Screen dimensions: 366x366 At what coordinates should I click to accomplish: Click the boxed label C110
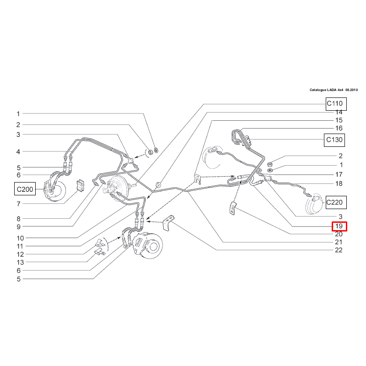pos(336,104)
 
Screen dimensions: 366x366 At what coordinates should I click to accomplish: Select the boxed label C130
pos(334,140)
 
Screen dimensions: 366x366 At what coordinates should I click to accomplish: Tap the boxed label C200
pos(25,189)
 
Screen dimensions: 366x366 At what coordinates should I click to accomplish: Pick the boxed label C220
pos(336,202)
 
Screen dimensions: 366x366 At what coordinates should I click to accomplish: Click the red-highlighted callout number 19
pos(339,226)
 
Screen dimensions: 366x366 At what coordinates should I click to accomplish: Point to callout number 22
pos(339,250)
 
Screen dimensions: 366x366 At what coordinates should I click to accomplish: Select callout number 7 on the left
pos(18,204)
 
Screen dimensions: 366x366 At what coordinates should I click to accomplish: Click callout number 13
pos(20,262)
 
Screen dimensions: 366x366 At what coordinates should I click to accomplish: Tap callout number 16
pos(339,128)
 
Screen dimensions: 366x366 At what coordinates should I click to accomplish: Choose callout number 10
pos(20,238)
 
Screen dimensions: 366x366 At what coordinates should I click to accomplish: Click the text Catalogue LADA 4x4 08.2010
pos(334,90)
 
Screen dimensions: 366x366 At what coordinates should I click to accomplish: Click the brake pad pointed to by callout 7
pos(81,186)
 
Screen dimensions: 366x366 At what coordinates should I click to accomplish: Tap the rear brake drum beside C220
pos(313,204)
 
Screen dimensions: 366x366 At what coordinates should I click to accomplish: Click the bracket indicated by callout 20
pos(232,209)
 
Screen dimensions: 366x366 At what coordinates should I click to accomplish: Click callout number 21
pos(339,242)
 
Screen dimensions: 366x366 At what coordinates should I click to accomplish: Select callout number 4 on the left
pos(18,152)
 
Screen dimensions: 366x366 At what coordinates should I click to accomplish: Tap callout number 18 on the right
pos(339,184)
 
